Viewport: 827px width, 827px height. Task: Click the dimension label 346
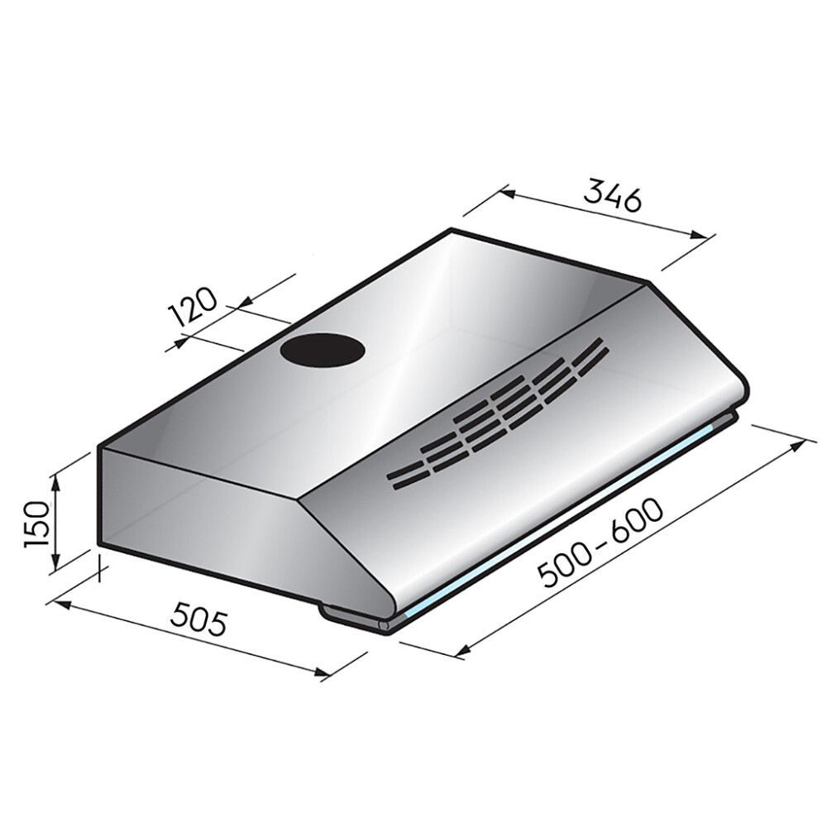tap(612, 196)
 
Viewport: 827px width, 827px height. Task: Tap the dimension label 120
tap(193, 307)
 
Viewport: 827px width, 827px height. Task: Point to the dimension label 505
tap(200, 621)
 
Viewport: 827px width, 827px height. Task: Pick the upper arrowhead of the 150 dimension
tap(55, 481)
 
